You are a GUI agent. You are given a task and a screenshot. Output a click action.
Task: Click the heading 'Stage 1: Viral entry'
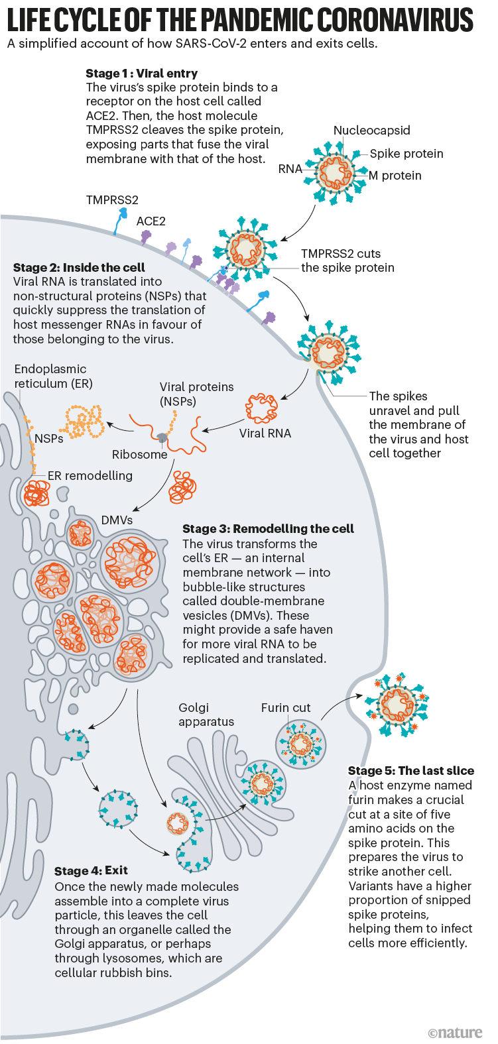[x=141, y=74]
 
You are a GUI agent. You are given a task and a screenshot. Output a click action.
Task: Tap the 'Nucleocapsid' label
[x=371, y=131]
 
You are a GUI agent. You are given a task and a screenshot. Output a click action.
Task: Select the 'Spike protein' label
[x=406, y=154]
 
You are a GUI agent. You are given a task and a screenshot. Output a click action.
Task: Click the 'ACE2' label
[x=151, y=221]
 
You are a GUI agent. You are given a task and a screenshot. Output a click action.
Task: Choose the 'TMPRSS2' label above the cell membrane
[x=112, y=200]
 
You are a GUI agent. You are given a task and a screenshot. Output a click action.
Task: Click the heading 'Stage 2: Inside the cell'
[x=79, y=268]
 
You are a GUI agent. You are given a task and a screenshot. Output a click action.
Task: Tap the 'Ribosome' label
[x=139, y=455]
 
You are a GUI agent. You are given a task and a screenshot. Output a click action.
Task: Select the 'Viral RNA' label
[x=265, y=434]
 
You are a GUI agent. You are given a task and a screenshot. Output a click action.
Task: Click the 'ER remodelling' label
[x=90, y=476]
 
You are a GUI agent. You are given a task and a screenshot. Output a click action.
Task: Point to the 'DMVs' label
[x=117, y=520]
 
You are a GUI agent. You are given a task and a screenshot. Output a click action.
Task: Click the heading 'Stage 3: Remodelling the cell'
[x=268, y=529]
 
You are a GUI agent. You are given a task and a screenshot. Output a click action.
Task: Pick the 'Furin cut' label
[x=285, y=708]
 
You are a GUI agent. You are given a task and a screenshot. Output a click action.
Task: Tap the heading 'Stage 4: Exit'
[x=91, y=871]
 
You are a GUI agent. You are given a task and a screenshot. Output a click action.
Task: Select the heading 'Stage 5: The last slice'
[x=410, y=771]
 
